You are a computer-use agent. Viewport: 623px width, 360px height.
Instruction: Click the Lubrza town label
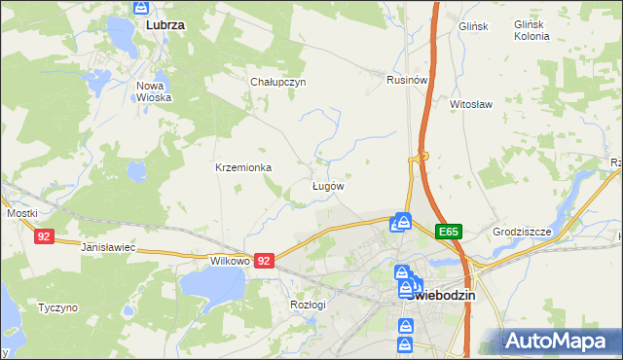[x=165, y=21]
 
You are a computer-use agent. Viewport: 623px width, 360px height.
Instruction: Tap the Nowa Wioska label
[x=154, y=91]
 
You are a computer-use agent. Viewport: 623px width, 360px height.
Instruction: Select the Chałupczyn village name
[x=278, y=82]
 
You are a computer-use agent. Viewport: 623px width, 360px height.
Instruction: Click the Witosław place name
[x=470, y=102]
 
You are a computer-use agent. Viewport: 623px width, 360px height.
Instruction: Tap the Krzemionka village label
[x=243, y=167]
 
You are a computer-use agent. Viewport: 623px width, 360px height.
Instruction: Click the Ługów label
[x=327, y=185]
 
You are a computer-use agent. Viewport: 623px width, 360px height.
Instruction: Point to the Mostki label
[x=21, y=212]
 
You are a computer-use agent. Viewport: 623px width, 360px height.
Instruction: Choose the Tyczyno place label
[x=57, y=306]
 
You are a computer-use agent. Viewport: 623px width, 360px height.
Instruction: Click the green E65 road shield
[x=448, y=232]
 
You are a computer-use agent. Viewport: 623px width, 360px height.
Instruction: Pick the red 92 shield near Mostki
[x=42, y=236]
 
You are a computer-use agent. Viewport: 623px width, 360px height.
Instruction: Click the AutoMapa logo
[x=560, y=342]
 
